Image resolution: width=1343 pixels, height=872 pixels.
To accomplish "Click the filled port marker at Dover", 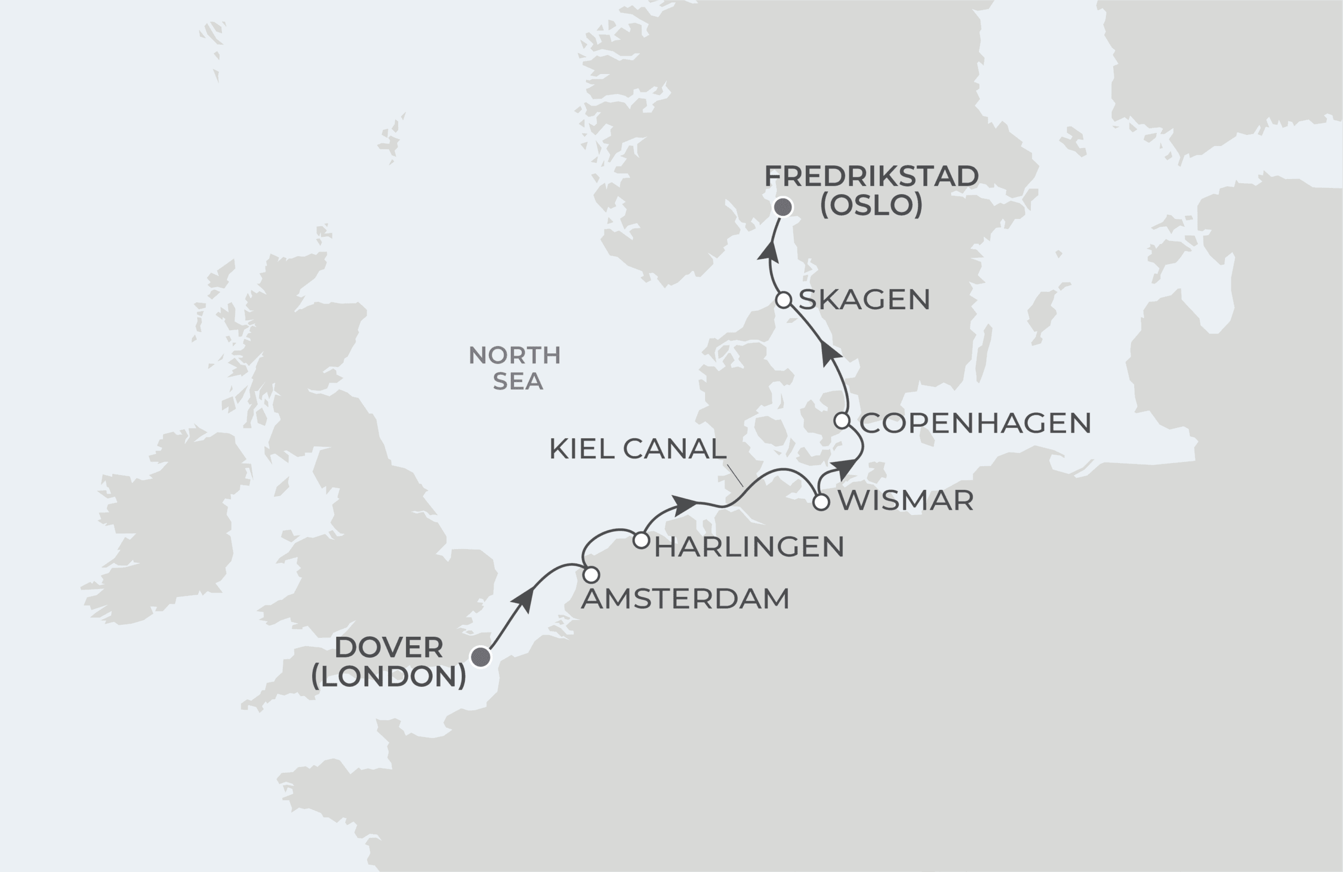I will point(481,656).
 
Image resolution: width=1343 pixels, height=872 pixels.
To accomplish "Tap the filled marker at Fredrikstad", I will point(783,207).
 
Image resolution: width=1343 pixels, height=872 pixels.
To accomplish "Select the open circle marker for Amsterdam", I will point(591,575).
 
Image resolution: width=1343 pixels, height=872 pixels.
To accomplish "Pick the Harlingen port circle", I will point(641,540).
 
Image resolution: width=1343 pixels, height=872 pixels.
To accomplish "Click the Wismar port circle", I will point(821,501).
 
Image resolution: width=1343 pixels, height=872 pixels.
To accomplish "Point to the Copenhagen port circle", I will point(842,421).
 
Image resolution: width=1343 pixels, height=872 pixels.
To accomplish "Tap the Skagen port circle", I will point(783,300).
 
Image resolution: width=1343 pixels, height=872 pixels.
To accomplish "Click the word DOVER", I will point(389,648).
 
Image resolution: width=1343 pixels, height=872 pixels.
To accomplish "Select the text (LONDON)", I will point(389,676).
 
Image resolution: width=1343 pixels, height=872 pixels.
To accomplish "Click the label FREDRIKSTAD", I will point(871,176).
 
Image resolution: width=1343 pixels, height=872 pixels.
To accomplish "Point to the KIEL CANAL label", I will point(637,449).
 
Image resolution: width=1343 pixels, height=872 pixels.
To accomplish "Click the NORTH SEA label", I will point(515,368).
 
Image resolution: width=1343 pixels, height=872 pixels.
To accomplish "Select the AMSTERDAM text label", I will point(685,598).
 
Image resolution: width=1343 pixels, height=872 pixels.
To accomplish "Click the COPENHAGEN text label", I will point(975,423).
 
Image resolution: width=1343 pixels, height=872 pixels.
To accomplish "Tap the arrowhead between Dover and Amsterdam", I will point(525,599).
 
